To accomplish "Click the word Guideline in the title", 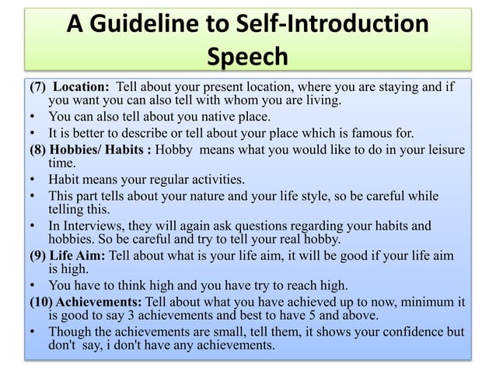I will [x=152, y=24].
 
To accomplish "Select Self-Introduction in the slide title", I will [x=334, y=24].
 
